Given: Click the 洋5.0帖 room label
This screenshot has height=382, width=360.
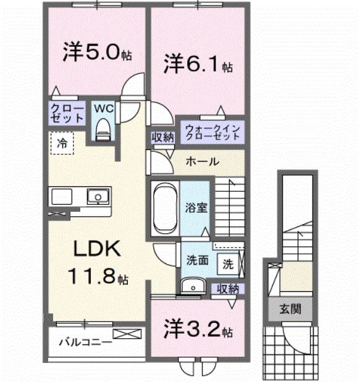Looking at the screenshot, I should [x=96, y=53].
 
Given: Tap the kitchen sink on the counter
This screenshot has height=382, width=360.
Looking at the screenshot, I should [x=96, y=197].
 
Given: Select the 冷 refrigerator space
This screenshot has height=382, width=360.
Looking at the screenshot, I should [x=62, y=143].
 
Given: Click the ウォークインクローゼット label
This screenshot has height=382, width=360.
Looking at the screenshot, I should [x=212, y=131].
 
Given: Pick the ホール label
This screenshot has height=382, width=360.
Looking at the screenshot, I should [x=202, y=162].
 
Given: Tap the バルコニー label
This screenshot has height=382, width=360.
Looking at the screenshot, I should [x=85, y=341].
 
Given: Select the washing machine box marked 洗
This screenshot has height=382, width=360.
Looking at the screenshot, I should [x=228, y=264].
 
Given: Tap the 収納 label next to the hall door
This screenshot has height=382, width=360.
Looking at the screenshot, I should [x=162, y=138].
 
